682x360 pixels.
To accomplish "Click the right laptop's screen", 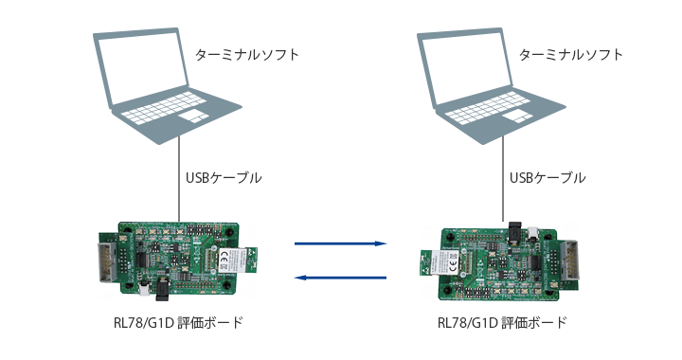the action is click(x=467, y=67).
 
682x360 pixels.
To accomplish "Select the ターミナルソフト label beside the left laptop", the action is click(x=247, y=55).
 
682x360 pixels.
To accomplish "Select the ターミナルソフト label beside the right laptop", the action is click(x=571, y=55).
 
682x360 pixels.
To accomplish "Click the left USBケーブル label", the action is click(x=224, y=178).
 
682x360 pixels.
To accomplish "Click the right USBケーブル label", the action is click(x=547, y=178).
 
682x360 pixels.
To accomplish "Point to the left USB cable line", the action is click(x=179, y=179).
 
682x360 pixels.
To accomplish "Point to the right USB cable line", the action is click(x=503, y=179).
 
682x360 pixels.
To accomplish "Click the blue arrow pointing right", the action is click(x=341, y=243).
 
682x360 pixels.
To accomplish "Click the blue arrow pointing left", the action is click(x=341, y=278).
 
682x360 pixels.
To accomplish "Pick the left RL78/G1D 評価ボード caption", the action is click(x=178, y=323).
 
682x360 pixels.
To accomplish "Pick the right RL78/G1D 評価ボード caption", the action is click(x=502, y=323).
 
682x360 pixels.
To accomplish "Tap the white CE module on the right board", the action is click(x=448, y=261).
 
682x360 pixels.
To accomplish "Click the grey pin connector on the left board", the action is click(x=107, y=261).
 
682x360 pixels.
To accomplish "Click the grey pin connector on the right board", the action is click(x=570, y=263).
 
